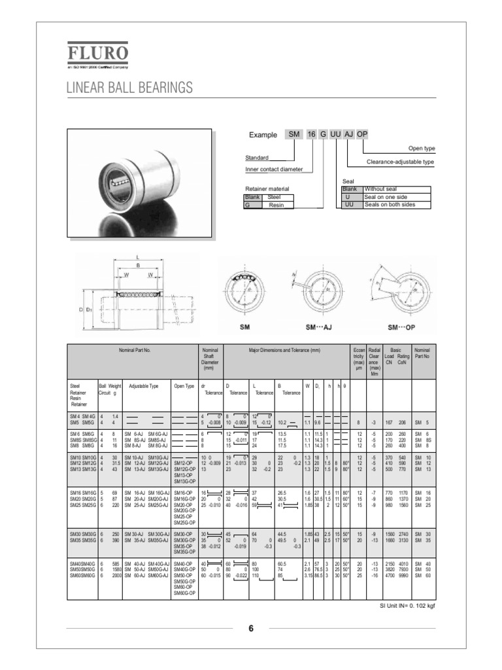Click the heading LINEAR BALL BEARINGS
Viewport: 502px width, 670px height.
(x=129, y=88)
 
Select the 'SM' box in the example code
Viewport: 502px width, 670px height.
(x=294, y=134)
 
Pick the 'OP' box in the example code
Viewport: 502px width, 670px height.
(x=362, y=134)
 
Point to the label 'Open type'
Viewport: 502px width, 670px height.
(x=421, y=149)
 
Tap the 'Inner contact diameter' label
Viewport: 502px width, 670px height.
(x=274, y=169)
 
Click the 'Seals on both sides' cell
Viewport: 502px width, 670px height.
(x=390, y=204)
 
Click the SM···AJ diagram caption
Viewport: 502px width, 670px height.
(x=308, y=326)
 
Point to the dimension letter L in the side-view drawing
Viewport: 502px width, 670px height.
(x=137, y=257)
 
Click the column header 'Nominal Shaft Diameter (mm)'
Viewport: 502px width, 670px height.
(x=210, y=359)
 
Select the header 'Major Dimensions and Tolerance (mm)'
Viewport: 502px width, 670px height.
(x=284, y=350)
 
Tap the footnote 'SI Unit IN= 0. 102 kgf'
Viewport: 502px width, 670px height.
(x=407, y=605)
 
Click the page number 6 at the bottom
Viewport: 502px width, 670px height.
(x=250, y=629)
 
